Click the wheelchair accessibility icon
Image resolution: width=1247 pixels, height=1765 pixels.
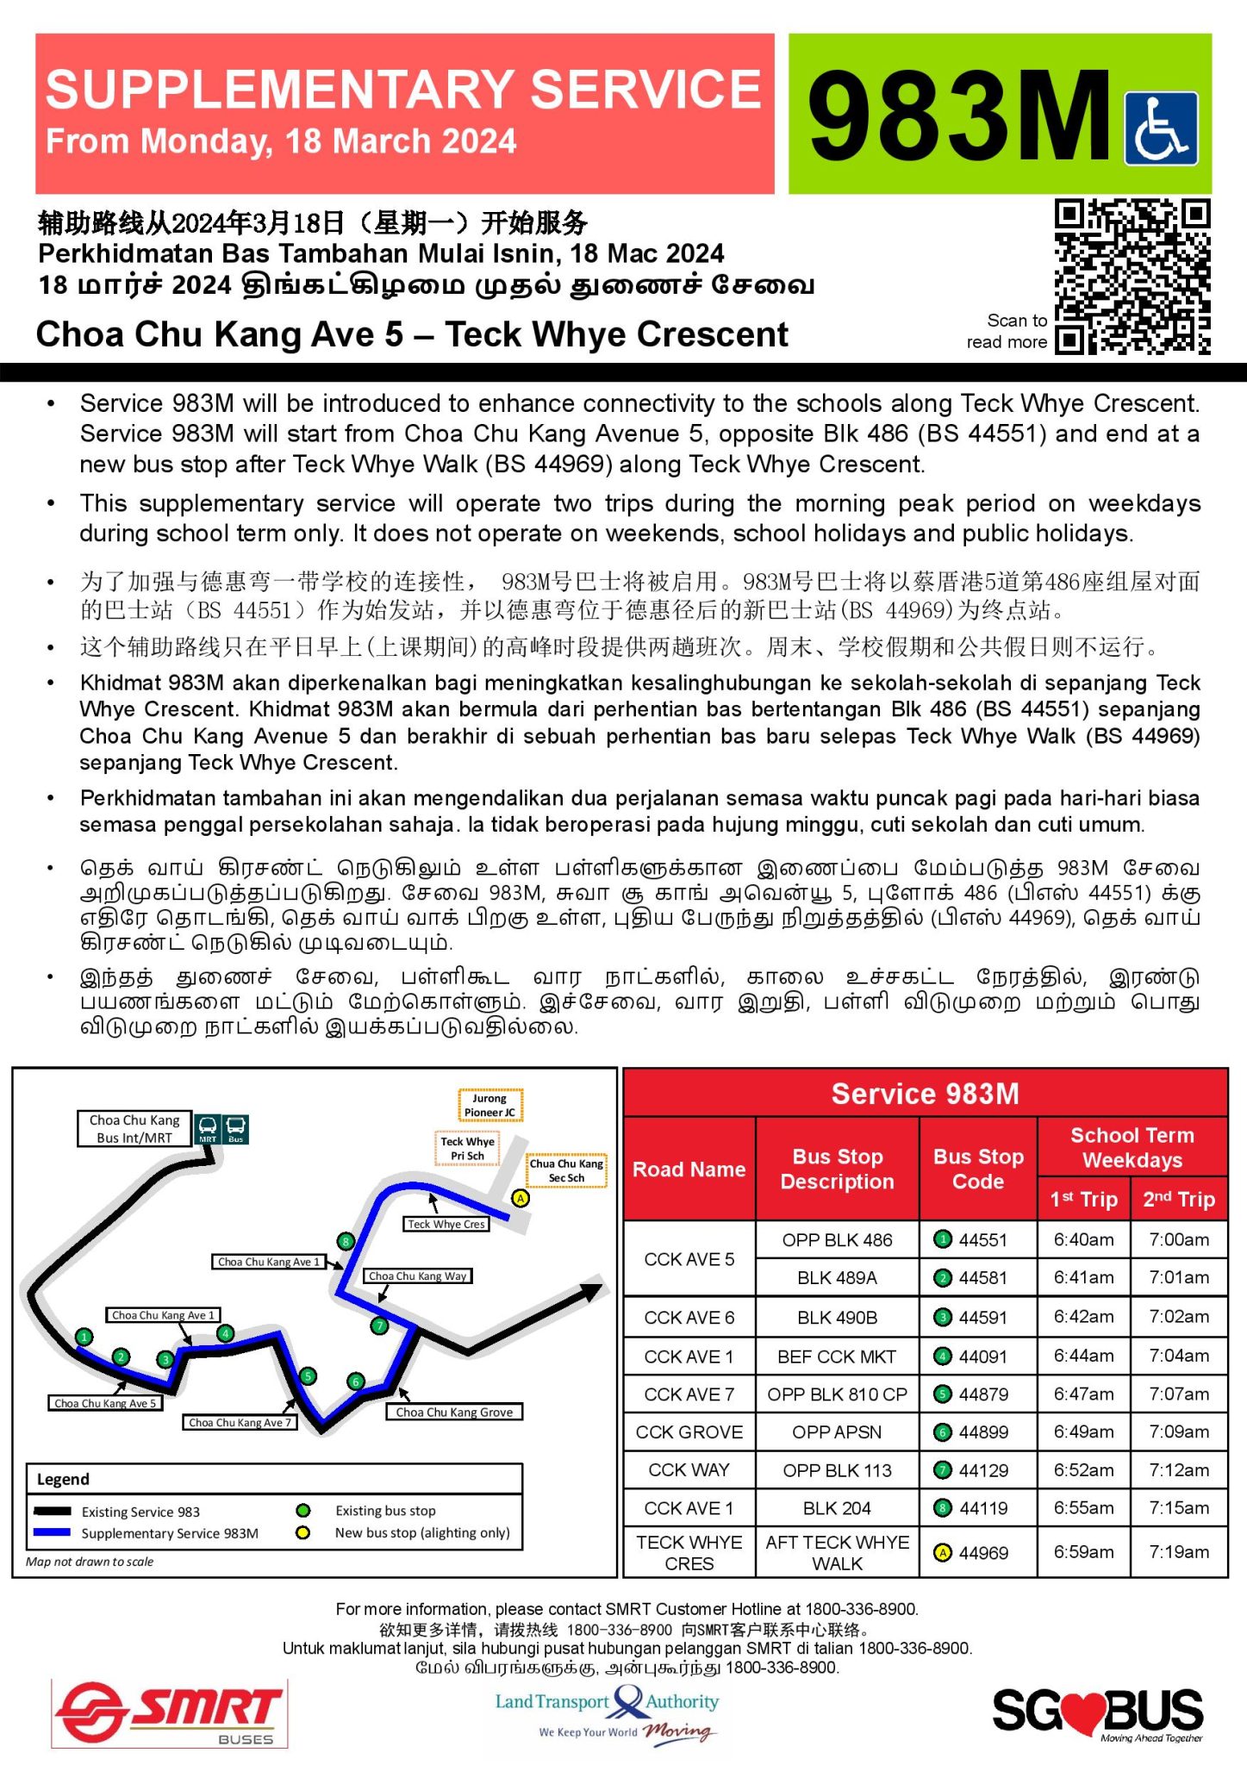click(x=1161, y=128)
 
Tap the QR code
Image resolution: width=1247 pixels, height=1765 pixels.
click(x=1132, y=277)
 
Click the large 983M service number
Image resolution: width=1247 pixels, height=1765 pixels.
click(x=958, y=115)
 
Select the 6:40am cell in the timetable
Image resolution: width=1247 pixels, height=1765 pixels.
click(x=1083, y=1239)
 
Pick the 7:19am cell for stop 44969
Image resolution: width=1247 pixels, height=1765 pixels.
click(x=1178, y=1552)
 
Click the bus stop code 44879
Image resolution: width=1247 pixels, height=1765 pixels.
click(x=982, y=1394)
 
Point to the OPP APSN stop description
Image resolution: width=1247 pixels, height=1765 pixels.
click(x=837, y=1432)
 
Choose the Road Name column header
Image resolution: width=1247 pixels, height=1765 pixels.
click(x=689, y=1169)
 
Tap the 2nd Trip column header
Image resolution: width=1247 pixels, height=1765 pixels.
click(x=1178, y=1199)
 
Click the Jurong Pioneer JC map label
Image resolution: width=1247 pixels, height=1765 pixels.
click(x=489, y=1105)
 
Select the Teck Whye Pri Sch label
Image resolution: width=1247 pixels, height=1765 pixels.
click(x=467, y=1148)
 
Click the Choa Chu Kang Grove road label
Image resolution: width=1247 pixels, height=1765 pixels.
click(x=454, y=1412)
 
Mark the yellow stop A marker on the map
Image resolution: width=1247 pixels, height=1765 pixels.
click(x=521, y=1198)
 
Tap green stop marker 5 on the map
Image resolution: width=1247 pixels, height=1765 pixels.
click(x=308, y=1376)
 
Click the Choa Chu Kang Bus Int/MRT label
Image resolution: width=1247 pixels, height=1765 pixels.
click(x=134, y=1128)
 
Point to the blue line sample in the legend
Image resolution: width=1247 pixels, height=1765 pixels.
click(x=52, y=1532)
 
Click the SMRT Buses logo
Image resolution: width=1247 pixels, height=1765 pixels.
click(x=170, y=1712)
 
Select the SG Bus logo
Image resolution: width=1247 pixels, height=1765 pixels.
click(x=1097, y=1712)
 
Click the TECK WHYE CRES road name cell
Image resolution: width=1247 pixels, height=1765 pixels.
click(x=689, y=1552)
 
